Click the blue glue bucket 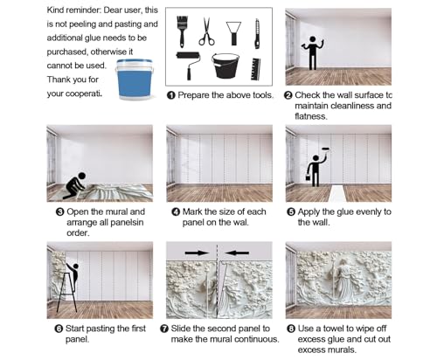tap(135, 79)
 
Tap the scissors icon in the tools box tap(206, 31)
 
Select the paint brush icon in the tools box tap(182, 31)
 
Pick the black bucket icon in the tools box tap(225, 66)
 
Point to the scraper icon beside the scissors tap(233, 33)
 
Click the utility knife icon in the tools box tap(257, 34)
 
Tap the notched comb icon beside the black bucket tap(255, 69)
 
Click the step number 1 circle tap(171, 95)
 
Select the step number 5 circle tap(291, 212)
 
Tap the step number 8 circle tap(291, 329)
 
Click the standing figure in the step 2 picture tap(313, 52)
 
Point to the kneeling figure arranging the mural tap(76, 185)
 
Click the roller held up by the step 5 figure tap(326, 149)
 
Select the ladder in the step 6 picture tap(66, 293)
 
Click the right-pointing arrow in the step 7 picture tap(197, 253)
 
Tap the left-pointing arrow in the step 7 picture tap(237, 253)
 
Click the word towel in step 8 tap(331, 329)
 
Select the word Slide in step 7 tap(181, 329)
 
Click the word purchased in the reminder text tap(67, 52)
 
